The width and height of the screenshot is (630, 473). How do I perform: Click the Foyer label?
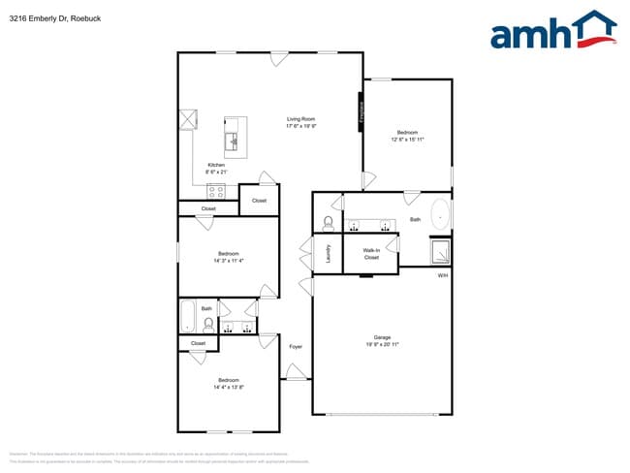pos(296,346)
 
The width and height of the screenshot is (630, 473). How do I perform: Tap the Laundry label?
pos(330,255)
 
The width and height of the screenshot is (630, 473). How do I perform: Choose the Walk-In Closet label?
pos(371,254)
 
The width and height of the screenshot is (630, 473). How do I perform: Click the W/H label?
pos(442,276)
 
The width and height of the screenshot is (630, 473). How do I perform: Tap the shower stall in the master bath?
pos(440,251)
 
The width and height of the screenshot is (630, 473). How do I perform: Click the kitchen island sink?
pos(233,142)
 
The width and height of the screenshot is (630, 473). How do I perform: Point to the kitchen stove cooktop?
pos(215,190)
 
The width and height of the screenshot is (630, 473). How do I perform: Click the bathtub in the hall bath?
pos(189,317)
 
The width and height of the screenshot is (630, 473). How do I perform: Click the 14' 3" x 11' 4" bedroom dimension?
pos(228,260)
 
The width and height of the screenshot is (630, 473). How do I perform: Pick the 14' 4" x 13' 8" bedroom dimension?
pos(228,386)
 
